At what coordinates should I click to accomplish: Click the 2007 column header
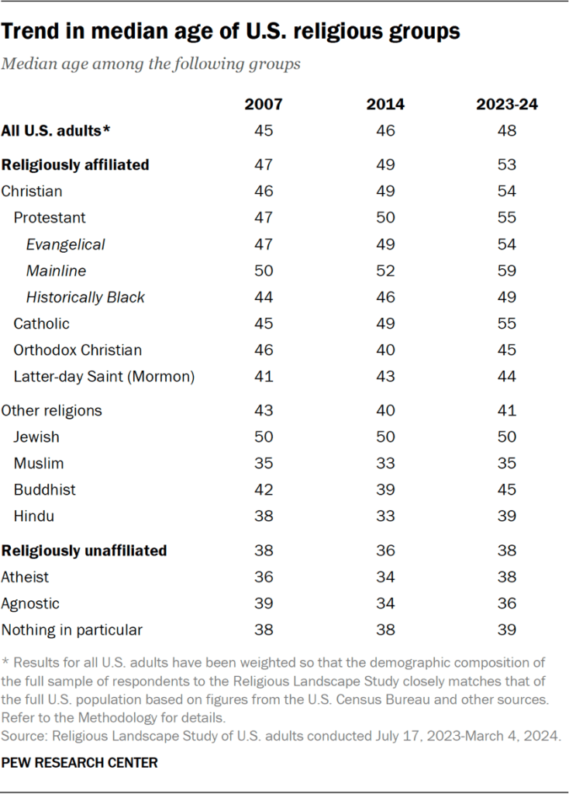(x=264, y=105)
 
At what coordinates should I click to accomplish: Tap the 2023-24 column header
(x=507, y=105)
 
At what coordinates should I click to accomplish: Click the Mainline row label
(x=56, y=271)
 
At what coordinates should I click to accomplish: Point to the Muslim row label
(x=39, y=463)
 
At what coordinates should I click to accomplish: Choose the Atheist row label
(x=25, y=577)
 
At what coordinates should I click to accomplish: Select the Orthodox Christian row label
(x=78, y=350)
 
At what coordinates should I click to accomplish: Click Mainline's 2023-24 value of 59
(x=507, y=271)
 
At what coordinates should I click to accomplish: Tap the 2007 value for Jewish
(x=264, y=437)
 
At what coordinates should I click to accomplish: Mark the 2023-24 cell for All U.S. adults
(x=507, y=131)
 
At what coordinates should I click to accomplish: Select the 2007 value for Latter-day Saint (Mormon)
(x=264, y=376)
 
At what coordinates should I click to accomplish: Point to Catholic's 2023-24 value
(x=507, y=323)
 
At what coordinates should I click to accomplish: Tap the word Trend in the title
(x=30, y=32)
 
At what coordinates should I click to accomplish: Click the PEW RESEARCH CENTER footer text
(x=79, y=763)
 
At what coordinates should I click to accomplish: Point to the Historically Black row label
(x=85, y=297)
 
